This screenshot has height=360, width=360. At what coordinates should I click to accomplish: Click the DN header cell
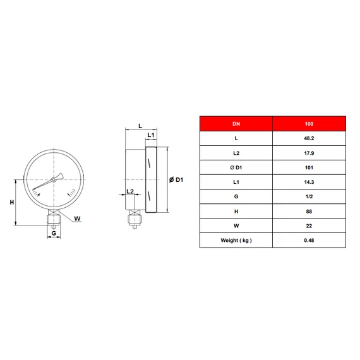236,124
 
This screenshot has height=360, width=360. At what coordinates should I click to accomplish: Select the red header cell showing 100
309,124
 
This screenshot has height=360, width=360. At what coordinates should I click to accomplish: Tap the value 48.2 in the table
309,138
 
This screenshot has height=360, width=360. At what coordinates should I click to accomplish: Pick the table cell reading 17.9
309,153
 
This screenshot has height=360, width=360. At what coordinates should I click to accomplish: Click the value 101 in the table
309,167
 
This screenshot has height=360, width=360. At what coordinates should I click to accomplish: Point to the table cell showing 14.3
309,182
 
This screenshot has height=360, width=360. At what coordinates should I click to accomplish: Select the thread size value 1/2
309,196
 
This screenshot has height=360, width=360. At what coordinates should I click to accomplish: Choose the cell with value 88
309,211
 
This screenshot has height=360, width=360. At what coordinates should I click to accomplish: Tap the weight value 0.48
309,241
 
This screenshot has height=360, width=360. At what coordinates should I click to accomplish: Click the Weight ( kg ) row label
236,241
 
